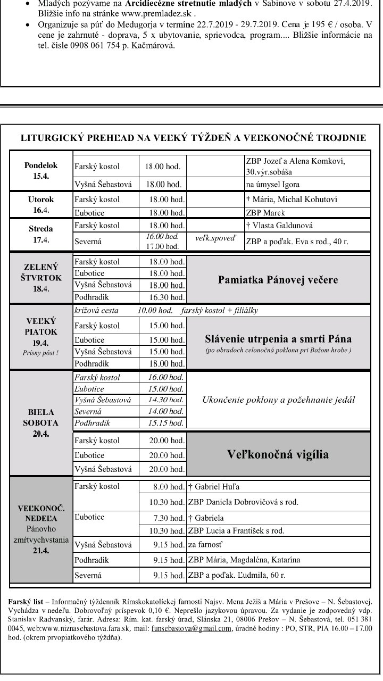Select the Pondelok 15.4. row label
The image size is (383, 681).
click(41, 171)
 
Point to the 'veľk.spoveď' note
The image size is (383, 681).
click(215, 238)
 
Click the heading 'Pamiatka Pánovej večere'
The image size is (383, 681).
click(278, 280)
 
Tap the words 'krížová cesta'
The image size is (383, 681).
click(96, 310)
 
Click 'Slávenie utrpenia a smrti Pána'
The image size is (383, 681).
click(278, 338)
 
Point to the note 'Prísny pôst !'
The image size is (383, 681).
click(41, 352)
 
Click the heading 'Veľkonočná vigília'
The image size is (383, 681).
click(278, 454)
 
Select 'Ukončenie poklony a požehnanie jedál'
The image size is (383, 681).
click(278, 400)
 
